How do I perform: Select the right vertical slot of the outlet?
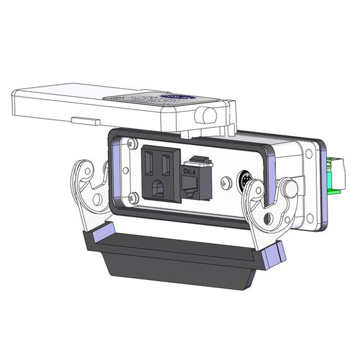(x=168, y=160)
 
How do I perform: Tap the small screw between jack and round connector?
(x=224, y=183)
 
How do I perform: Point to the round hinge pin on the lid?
(x=208, y=115)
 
